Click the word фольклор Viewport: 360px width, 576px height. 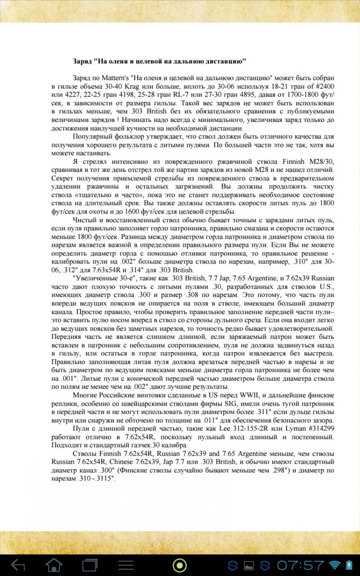(127, 137)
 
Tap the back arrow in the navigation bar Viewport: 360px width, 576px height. (18, 565)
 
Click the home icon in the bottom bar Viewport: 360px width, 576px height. (54, 565)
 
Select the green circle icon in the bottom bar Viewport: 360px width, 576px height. (180, 565)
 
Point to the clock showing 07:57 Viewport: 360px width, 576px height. (300, 565)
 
